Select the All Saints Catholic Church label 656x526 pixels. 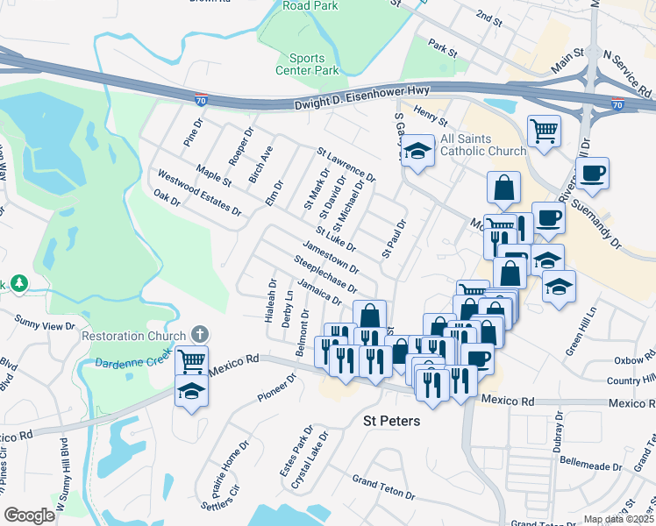tap(471, 145)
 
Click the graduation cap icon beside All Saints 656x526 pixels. tap(418, 152)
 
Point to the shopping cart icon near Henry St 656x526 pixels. tap(545, 131)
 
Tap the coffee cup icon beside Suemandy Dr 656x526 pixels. tap(593, 173)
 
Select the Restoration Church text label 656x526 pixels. tap(133, 336)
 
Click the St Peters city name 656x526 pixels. tap(391, 421)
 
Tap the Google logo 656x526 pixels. tap(29, 515)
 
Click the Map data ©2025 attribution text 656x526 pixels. tap(618, 519)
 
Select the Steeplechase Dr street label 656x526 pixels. tap(325, 274)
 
